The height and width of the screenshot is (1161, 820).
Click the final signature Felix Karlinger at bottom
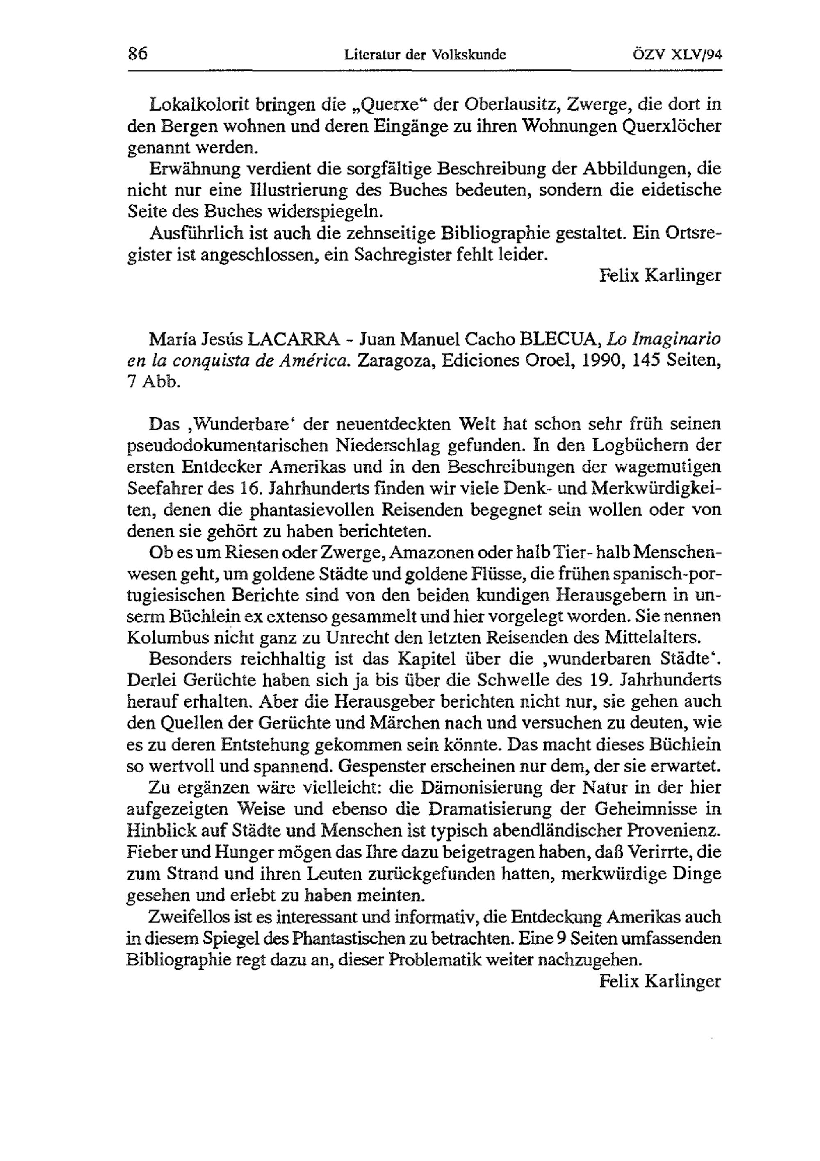point(660,981)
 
